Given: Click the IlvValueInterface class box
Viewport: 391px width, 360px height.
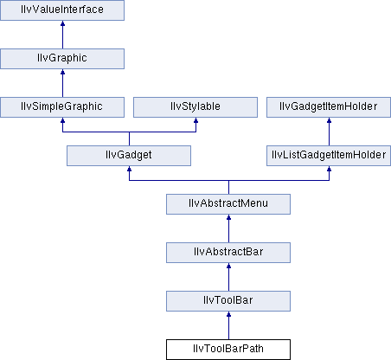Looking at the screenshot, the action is coord(62,10).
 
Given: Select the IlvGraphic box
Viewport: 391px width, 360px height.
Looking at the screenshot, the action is coord(62,59).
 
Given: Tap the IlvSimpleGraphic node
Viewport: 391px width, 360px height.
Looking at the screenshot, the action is coord(62,107).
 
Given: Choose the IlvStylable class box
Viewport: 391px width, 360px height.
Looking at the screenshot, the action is coord(195,107).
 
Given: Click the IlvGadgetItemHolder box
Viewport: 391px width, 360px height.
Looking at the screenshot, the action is coord(329,107).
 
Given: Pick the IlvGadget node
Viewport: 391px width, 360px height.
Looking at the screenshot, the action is coord(129,156).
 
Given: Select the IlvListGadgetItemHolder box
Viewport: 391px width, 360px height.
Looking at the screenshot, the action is coord(329,156).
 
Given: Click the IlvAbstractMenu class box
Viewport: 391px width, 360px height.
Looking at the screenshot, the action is coord(228,204).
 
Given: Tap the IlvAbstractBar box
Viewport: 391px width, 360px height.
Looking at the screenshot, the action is coord(228,253).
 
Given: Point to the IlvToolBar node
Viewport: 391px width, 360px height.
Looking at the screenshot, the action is coord(228,301).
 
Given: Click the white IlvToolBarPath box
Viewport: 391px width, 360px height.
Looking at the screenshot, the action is coord(228,350).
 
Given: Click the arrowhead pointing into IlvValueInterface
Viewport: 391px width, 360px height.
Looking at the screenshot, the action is coord(62,23).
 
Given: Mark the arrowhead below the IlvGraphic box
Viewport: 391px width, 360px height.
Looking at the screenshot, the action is coord(62,72).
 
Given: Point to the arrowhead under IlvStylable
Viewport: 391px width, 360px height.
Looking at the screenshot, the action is coord(195,120).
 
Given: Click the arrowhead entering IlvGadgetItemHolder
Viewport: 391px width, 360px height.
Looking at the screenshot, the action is coord(329,120).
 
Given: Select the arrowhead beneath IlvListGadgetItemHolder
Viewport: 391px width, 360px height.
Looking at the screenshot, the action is coord(329,169).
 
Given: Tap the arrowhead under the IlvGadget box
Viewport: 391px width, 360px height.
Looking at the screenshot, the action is coord(129,169).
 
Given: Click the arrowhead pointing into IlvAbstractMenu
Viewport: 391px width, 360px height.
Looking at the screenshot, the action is coord(228,217).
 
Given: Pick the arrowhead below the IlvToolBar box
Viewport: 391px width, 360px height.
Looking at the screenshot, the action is coord(228,314).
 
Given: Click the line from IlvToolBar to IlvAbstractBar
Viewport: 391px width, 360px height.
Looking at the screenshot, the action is coord(228,277).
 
